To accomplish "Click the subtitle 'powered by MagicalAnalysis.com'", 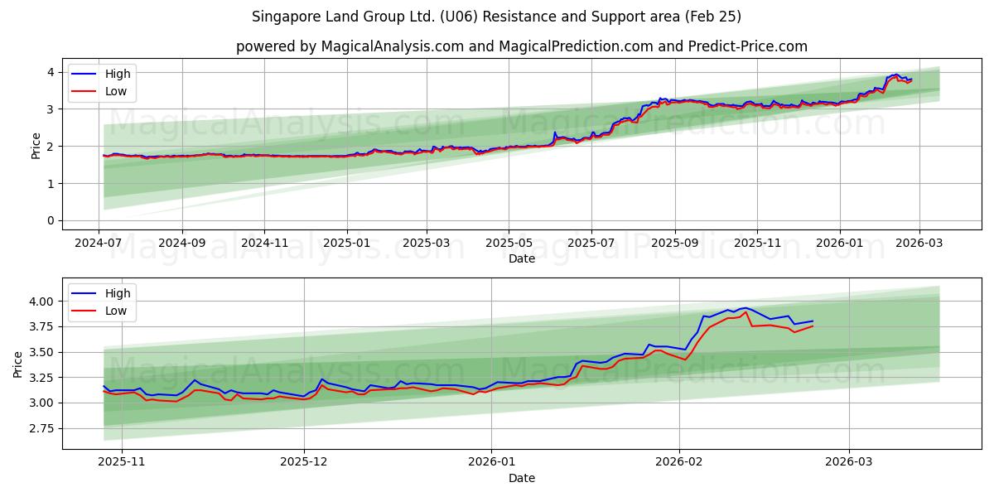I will (x=349, y=46).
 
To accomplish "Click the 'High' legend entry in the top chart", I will (x=117, y=74).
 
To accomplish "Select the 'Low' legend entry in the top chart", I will (x=116, y=91).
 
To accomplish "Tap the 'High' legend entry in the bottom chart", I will (x=117, y=293).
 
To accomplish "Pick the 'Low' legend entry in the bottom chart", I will (x=116, y=311).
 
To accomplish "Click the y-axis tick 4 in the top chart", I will (x=51, y=72).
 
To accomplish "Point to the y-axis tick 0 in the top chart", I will (x=51, y=220).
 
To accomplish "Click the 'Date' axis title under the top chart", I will (x=522, y=258).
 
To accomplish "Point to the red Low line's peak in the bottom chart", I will (x=746, y=312).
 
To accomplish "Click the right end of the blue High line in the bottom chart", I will (x=813, y=321).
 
